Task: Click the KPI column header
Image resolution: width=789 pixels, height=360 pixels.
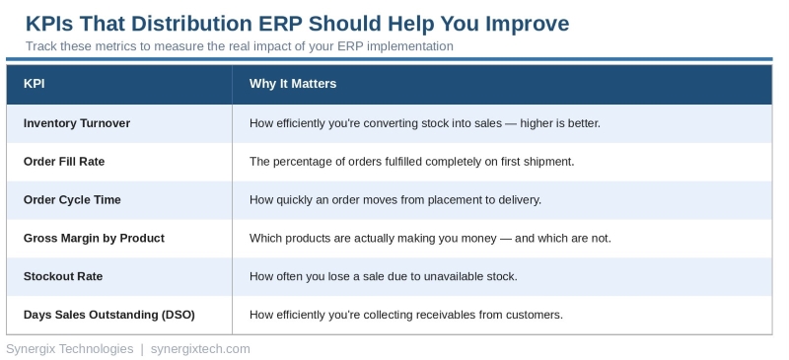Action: (35, 84)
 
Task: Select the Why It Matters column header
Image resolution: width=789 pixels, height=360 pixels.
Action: (293, 84)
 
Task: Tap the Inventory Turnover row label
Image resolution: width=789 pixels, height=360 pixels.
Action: (77, 123)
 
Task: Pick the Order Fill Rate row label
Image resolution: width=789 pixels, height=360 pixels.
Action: (65, 162)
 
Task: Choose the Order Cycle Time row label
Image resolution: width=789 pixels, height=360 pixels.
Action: (72, 200)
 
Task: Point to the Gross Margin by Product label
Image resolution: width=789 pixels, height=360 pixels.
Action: (94, 239)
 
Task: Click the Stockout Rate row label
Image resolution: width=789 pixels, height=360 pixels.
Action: (63, 277)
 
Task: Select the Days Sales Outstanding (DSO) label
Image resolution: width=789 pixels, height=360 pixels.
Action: (108, 316)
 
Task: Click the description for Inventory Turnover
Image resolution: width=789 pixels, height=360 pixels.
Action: (424, 123)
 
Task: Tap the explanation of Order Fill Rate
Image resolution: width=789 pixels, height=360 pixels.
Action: (411, 162)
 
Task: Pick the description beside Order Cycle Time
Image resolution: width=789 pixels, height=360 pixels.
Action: (395, 200)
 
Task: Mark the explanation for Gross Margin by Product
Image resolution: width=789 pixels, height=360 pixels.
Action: (430, 239)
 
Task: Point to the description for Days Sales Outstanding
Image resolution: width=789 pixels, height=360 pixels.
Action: (405, 316)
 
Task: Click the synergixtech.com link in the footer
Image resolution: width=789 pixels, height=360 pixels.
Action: (200, 349)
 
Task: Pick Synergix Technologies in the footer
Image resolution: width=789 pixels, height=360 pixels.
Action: (69, 349)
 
